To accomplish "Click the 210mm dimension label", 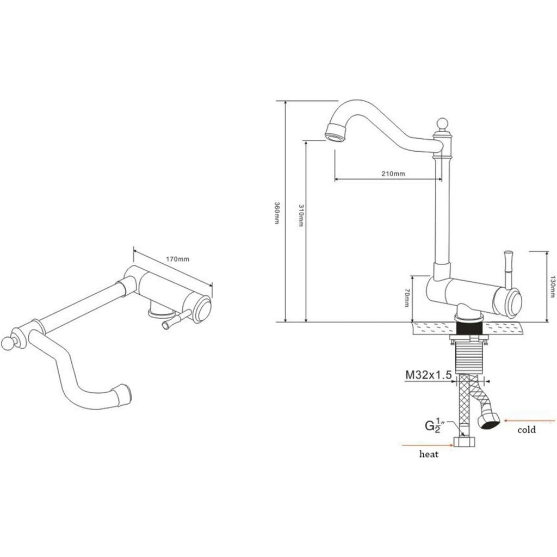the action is tap(393, 174).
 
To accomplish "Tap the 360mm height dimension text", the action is tap(277, 213).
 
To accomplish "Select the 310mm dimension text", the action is tap(301, 215).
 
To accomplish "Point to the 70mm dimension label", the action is tap(407, 298).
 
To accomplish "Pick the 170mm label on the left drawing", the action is tap(178, 258).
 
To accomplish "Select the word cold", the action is tap(527, 430).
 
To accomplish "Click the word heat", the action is tap(429, 454).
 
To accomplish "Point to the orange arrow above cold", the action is tap(530, 421).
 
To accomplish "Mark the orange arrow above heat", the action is tap(428, 444).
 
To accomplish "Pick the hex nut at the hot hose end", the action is tap(465, 442).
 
